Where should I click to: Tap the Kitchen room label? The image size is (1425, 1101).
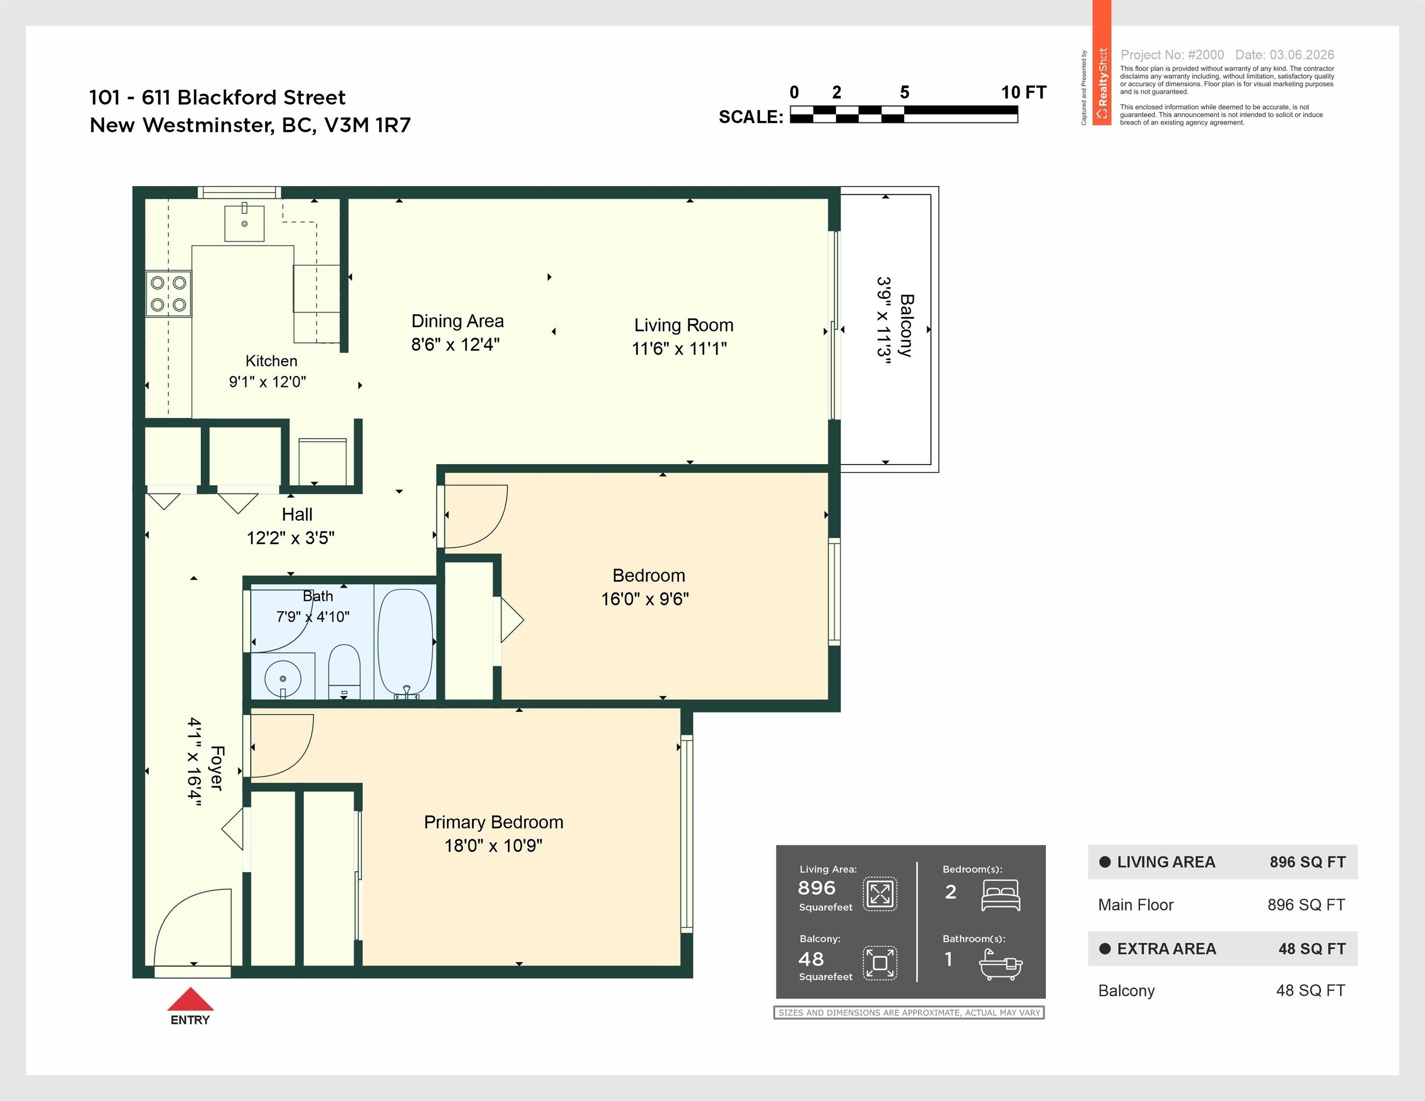coord(272,361)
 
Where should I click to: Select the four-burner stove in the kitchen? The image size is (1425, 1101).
coord(168,293)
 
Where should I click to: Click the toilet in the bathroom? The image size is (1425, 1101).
coord(344,672)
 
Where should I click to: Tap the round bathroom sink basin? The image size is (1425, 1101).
coord(283,679)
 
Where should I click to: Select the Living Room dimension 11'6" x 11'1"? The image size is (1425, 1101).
coord(679,348)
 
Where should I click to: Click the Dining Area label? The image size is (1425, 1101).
coord(457,321)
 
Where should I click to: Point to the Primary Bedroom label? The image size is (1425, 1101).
coord(494,822)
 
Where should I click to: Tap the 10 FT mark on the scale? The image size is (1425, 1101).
coord(1024,93)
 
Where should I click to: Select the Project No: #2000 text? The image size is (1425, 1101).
coord(1173,55)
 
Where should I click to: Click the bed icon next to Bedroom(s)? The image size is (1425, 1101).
coord(1001,895)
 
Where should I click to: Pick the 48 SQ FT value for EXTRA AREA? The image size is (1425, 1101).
coord(1312,949)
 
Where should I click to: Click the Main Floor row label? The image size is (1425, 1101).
coord(1135,905)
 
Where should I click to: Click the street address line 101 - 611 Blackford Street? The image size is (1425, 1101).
coord(218,97)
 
